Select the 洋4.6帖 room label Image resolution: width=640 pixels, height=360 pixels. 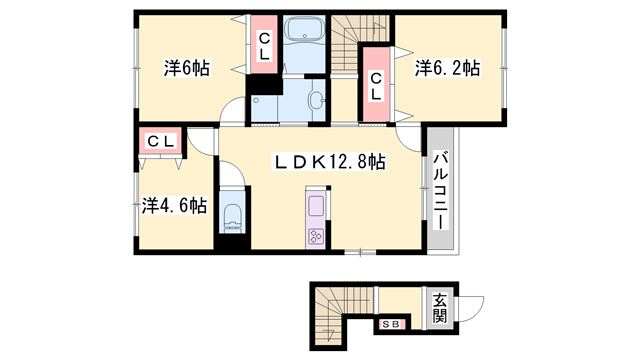(x=174, y=205)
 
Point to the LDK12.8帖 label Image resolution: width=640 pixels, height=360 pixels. (x=331, y=160)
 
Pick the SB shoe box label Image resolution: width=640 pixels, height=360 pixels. (x=391, y=324)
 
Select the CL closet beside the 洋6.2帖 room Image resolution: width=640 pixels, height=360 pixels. (x=376, y=85)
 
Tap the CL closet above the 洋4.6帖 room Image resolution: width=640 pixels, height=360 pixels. (x=161, y=141)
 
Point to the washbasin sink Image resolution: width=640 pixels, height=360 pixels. (x=316, y=100)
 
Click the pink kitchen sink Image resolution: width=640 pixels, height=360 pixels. (x=316, y=208)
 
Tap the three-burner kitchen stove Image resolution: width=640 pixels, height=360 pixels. (x=316, y=236)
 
